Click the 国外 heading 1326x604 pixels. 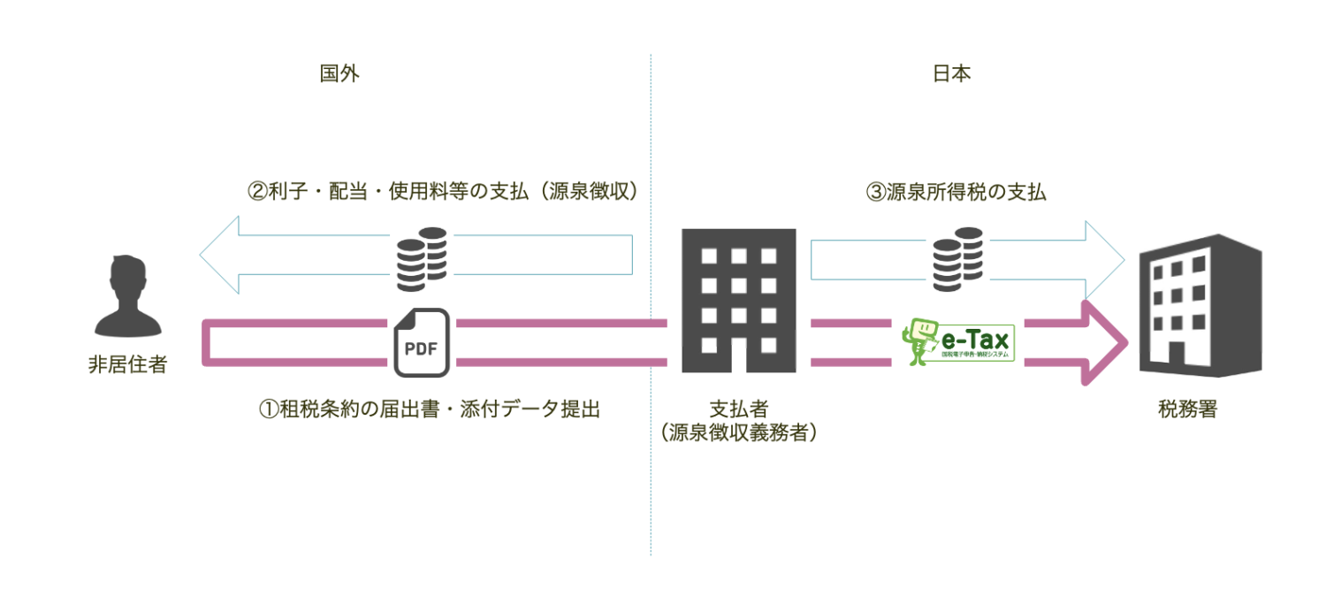click(x=339, y=73)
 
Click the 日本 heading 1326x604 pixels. click(x=951, y=73)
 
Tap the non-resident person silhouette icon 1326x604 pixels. click(x=129, y=297)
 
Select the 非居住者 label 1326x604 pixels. click(x=128, y=365)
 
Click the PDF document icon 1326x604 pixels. click(x=422, y=341)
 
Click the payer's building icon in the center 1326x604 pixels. click(x=739, y=300)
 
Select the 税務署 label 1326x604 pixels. click(x=1187, y=409)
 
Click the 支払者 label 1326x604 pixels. click(x=738, y=409)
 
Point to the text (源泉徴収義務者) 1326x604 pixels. click(x=738, y=433)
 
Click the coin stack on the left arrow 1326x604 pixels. click(x=422, y=259)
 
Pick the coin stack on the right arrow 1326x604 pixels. click(x=958, y=259)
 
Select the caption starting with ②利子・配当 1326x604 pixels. click(x=442, y=192)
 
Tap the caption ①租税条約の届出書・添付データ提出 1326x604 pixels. click(x=429, y=409)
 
